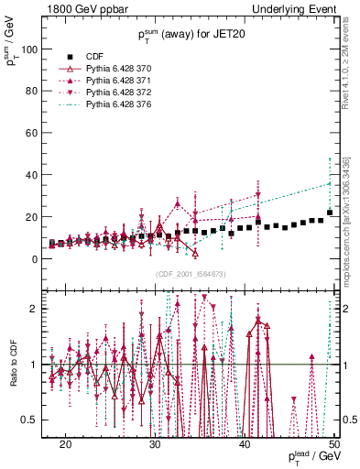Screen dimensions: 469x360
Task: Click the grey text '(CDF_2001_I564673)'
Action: tap(189, 274)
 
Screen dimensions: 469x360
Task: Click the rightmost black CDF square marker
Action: tap(330, 213)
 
